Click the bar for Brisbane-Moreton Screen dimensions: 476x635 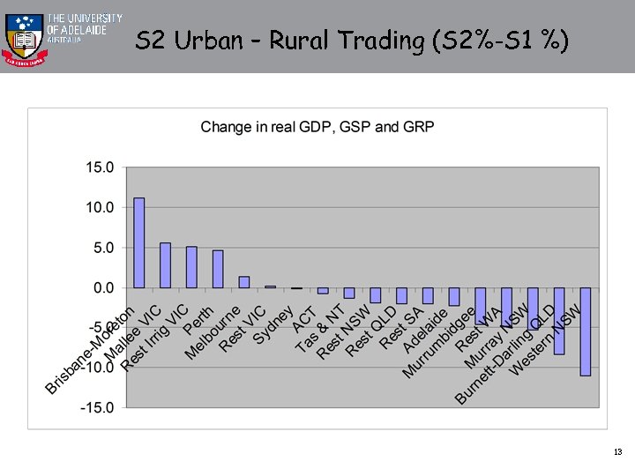138,242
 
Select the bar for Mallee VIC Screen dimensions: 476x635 165,265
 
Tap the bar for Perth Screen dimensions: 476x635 218,269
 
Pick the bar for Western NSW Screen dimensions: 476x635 585,331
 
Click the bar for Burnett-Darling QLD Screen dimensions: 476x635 558,321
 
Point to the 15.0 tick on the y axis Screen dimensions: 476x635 100,167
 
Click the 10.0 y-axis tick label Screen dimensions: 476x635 100,207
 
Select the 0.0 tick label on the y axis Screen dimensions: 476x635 102,287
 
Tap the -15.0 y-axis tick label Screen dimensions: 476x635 98,407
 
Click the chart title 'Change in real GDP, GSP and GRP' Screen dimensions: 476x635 317,127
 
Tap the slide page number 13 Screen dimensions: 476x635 617,452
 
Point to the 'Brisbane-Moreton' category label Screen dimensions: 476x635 90,351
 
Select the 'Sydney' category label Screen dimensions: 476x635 273,325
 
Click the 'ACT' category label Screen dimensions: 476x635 305,319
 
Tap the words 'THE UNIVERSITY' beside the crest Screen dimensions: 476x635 84,18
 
